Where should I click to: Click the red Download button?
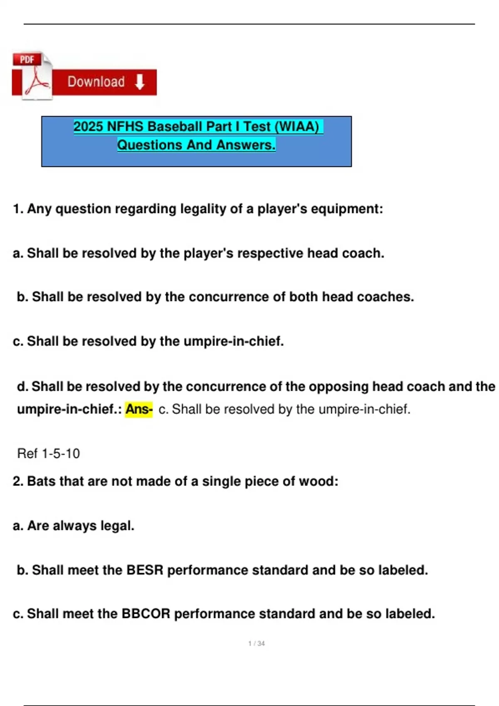(104, 82)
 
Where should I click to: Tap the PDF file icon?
(32, 76)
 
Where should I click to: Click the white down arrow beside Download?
(140, 82)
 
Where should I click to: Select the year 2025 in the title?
(89, 126)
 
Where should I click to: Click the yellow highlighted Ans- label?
(139, 409)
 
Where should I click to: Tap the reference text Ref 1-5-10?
(48, 454)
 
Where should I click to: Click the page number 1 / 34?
(257, 643)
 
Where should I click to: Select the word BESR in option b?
(145, 570)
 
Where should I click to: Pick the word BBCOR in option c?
(146, 614)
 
